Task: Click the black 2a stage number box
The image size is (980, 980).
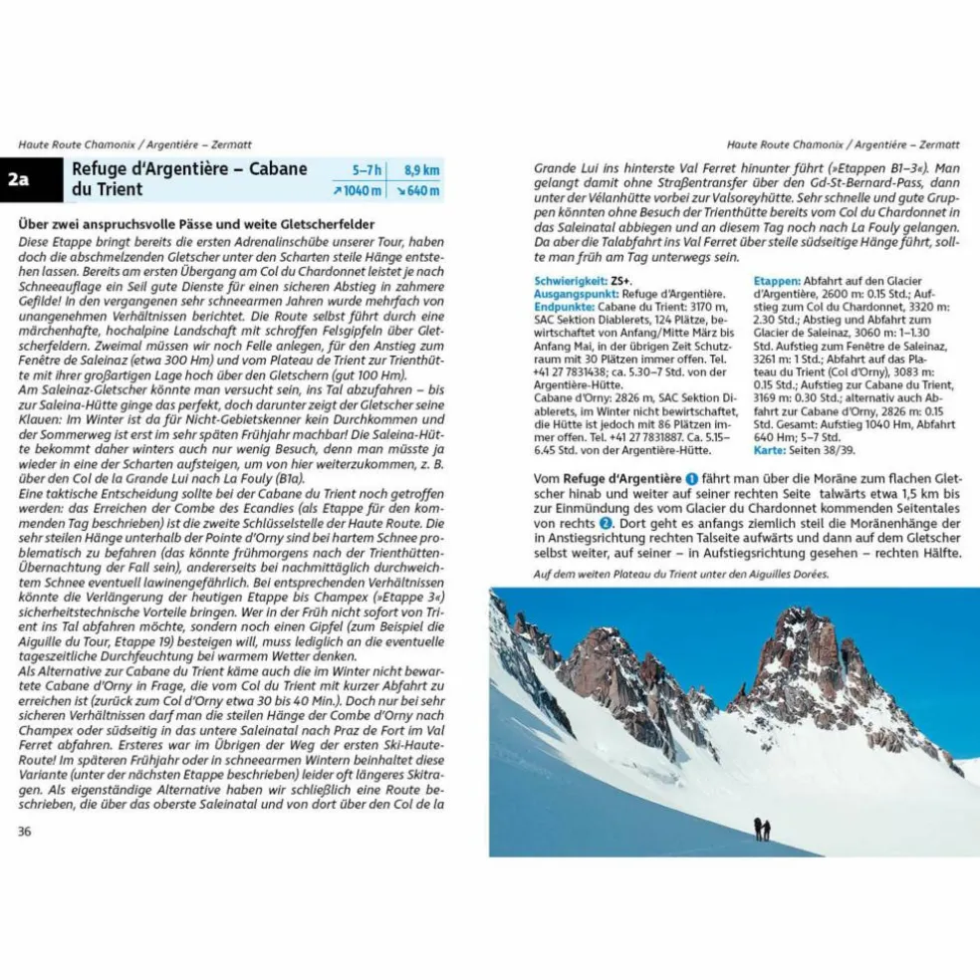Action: pyautogui.click(x=19, y=180)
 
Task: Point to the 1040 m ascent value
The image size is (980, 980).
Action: pyautogui.click(x=360, y=191)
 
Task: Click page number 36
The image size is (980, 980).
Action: pyautogui.click(x=25, y=832)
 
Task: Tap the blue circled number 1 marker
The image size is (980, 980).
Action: pyautogui.click(x=692, y=479)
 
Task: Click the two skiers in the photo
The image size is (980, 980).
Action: pyautogui.click(x=762, y=829)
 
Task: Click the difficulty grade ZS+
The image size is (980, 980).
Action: pyautogui.click(x=622, y=282)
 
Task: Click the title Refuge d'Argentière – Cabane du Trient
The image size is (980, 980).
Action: pyautogui.click(x=189, y=179)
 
